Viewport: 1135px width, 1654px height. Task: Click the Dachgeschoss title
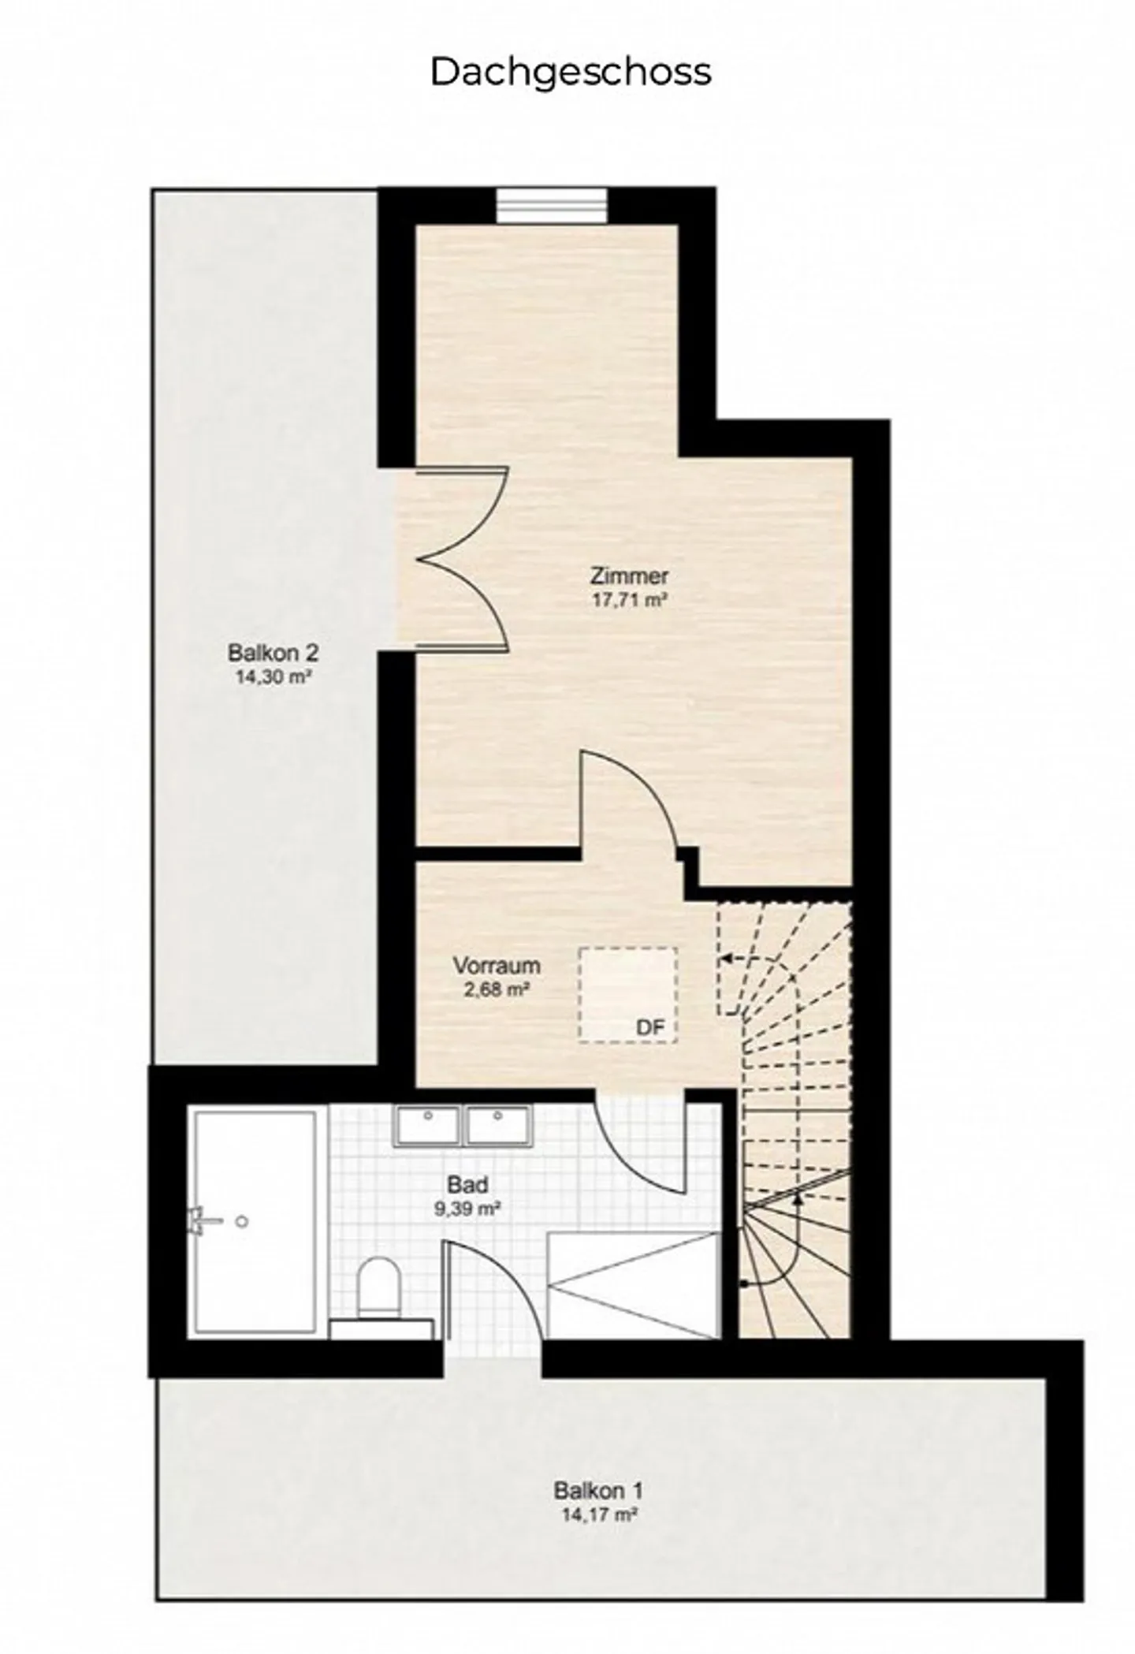(x=570, y=72)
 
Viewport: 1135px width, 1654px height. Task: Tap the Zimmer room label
(x=629, y=576)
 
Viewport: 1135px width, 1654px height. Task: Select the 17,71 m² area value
(x=629, y=600)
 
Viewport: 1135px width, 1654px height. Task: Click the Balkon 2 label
(x=273, y=653)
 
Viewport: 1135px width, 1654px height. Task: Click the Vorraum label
(x=496, y=966)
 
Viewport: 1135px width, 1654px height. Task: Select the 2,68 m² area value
(x=496, y=989)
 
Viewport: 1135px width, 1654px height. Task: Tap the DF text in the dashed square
(x=650, y=1027)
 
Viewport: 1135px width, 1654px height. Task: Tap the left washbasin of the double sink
(x=427, y=1125)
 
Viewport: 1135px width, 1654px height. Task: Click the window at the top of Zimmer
(x=551, y=207)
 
